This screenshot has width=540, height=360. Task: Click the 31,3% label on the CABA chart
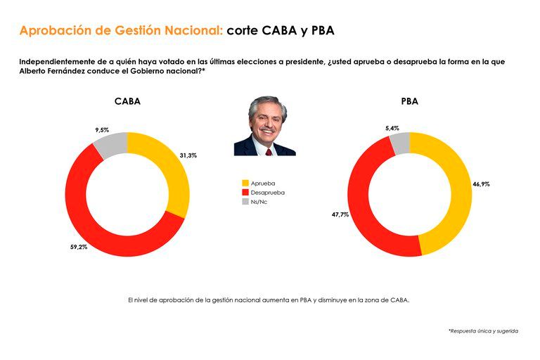coord(188,155)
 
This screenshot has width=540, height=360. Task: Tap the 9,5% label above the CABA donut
coord(102,130)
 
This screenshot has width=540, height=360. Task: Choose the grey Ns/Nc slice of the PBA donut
coord(400,143)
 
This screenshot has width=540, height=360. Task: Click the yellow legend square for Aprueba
coord(245,183)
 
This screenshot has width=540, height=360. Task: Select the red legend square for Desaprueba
coord(245,192)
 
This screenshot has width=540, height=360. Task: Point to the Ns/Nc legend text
coord(259,202)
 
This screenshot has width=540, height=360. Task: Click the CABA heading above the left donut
coord(127,101)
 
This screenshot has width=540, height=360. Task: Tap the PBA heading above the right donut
coord(409,101)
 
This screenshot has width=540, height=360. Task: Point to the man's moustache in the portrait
coord(266,130)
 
